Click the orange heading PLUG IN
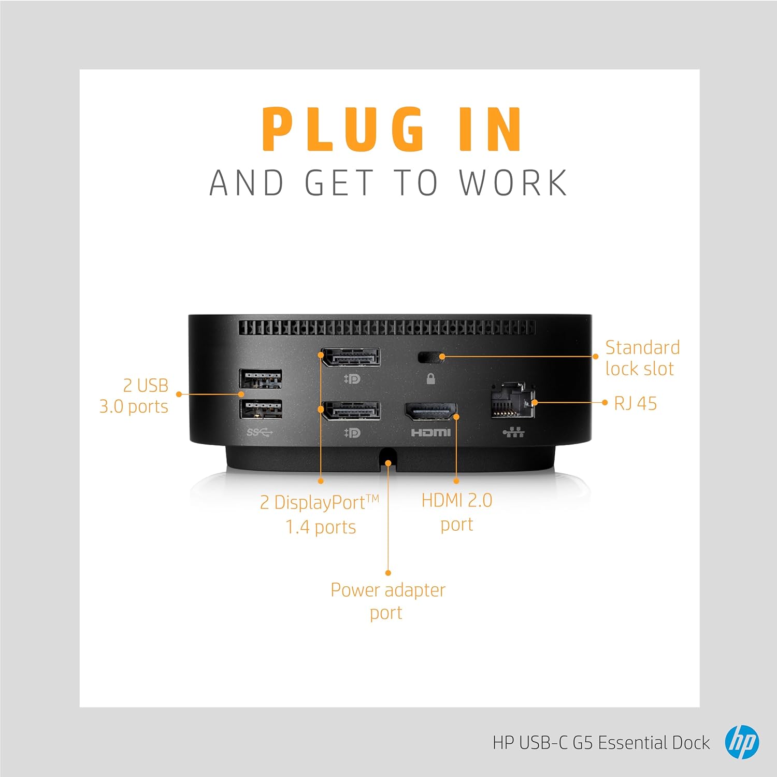tap(392, 129)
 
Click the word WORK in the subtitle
tap(513, 183)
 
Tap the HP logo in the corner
tap(742, 742)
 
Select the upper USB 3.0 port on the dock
tap(261, 378)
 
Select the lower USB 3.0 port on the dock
tap(261, 409)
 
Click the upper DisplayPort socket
tap(351, 358)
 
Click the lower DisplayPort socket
tap(351, 411)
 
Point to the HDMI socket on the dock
tap(430, 412)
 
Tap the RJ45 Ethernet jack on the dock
tap(512, 400)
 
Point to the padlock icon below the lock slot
tap(430, 379)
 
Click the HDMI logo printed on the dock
tap(430, 432)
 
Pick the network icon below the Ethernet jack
tap(513, 432)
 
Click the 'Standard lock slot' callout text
tap(642, 358)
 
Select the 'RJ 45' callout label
tap(636, 403)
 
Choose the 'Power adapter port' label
tap(388, 601)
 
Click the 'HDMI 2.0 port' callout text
tap(457, 512)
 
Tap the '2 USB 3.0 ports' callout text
tap(134, 396)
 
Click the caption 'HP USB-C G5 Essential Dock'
tap(601, 743)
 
